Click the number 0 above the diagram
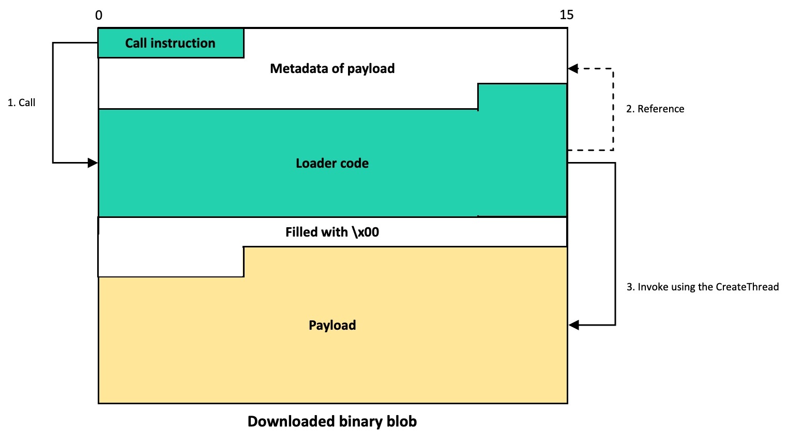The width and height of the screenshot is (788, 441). coord(99,16)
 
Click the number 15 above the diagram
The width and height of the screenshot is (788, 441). coord(566,15)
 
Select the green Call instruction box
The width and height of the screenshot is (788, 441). coord(171,43)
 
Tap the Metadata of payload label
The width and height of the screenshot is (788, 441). coord(332,68)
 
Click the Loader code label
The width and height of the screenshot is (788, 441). coord(332,163)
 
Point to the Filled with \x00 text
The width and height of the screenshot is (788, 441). coord(332,232)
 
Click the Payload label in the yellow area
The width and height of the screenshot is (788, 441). coord(332,325)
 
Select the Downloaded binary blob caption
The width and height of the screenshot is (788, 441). coord(332,421)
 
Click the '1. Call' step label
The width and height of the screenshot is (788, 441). coord(22,102)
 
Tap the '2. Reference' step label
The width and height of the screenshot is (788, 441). coord(655,109)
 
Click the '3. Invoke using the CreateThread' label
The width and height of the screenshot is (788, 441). coord(702,287)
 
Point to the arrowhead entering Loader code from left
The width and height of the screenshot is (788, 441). coord(93,163)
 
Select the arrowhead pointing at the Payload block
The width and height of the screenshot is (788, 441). coord(573,325)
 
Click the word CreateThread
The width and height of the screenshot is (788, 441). coord(747,287)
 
